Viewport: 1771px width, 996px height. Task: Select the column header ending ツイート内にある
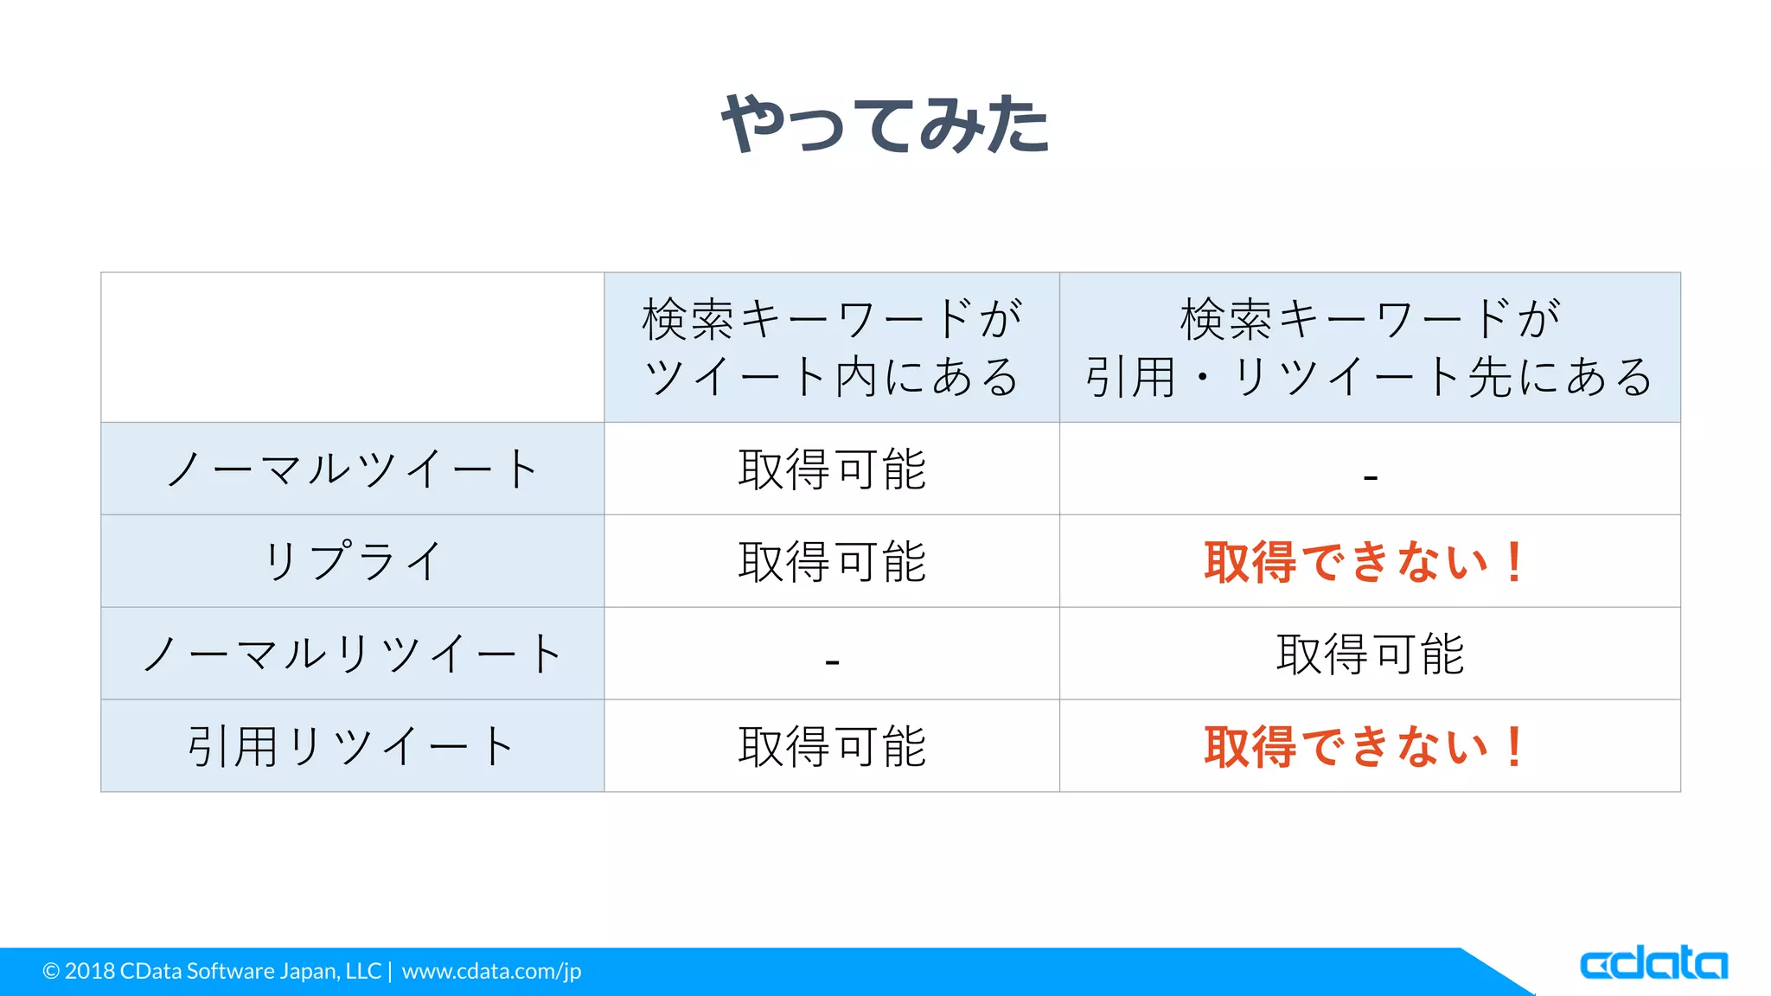(832, 348)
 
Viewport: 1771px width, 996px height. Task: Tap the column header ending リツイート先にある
(1370, 348)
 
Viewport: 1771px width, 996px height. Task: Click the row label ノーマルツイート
(352, 469)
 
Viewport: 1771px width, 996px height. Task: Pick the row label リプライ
(352, 561)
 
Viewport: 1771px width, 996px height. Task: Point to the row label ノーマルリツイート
(352, 654)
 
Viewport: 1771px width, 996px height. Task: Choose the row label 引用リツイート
(352, 746)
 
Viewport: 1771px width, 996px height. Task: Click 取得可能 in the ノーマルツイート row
(832, 469)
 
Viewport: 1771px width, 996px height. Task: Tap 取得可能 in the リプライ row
(832, 561)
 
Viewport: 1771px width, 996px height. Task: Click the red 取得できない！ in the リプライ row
(1364, 562)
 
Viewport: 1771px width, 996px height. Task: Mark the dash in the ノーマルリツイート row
(832, 662)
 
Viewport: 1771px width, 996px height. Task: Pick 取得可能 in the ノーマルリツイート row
(1370, 654)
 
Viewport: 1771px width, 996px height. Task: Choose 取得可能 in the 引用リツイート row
(832, 746)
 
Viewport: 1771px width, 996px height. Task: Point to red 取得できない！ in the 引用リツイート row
(1364, 747)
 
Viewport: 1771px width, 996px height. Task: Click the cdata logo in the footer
(1653, 962)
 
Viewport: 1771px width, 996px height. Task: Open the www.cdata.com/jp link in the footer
(491, 972)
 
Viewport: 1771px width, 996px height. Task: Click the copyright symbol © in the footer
(51, 972)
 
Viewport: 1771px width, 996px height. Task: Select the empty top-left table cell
(352, 348)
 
